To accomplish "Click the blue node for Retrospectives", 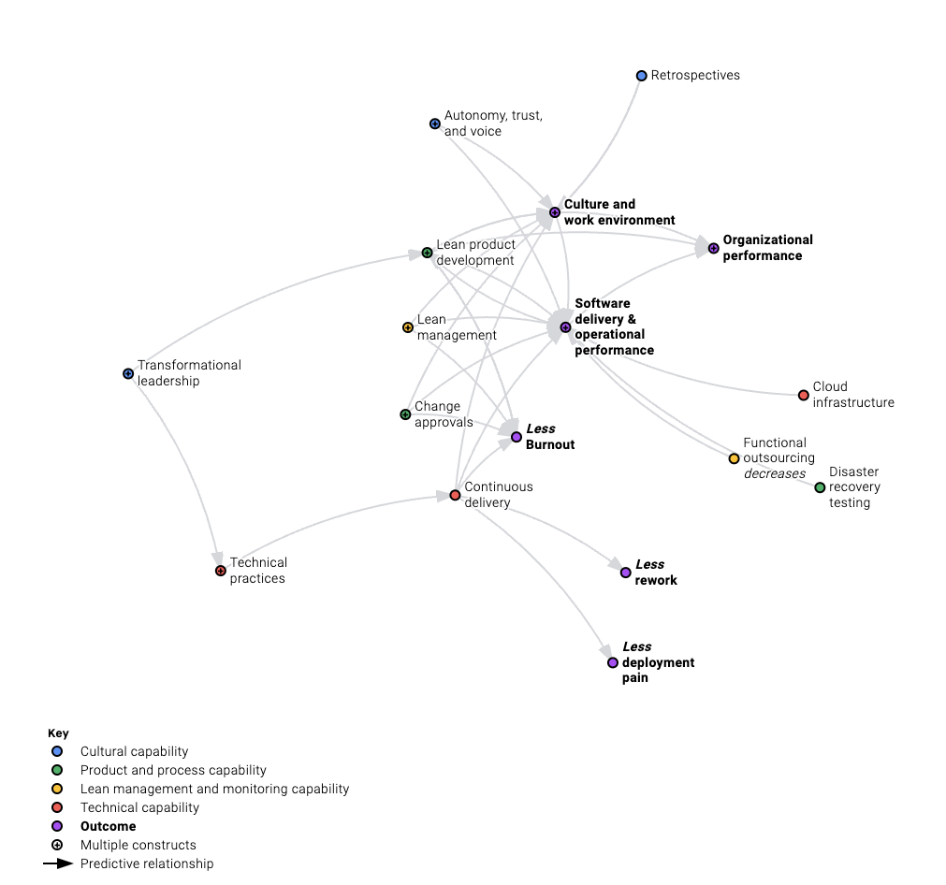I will [x=641, y=76].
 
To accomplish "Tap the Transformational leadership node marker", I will [x=128, y=374].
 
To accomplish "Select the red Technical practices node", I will [x=221, y=571].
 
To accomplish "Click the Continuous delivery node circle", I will [x=455, y=495].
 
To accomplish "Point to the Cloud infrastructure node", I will [x=803, y=396].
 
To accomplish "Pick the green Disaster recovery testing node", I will [x=820, y=487].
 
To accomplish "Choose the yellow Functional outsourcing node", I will [x=734, y=458].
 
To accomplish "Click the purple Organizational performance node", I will [x=713, y=248].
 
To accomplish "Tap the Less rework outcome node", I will [x=625, y=573].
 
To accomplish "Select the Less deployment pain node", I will [x=613, y=662].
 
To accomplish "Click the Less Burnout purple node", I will [x=516, y=437].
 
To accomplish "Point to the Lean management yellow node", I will [x=407, y=327].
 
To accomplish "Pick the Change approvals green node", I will [x=405, y=414].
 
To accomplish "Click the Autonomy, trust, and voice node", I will [x=434, y=123].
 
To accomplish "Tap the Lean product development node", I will [x=427, y=253].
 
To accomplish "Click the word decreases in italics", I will [x=774, y=473].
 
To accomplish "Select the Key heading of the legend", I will [x=58, y=733].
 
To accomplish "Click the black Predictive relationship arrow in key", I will [x=58, y=863].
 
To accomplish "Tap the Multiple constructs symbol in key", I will [x=57, y=845].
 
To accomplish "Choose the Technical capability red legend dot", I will [x=57, y=807].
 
